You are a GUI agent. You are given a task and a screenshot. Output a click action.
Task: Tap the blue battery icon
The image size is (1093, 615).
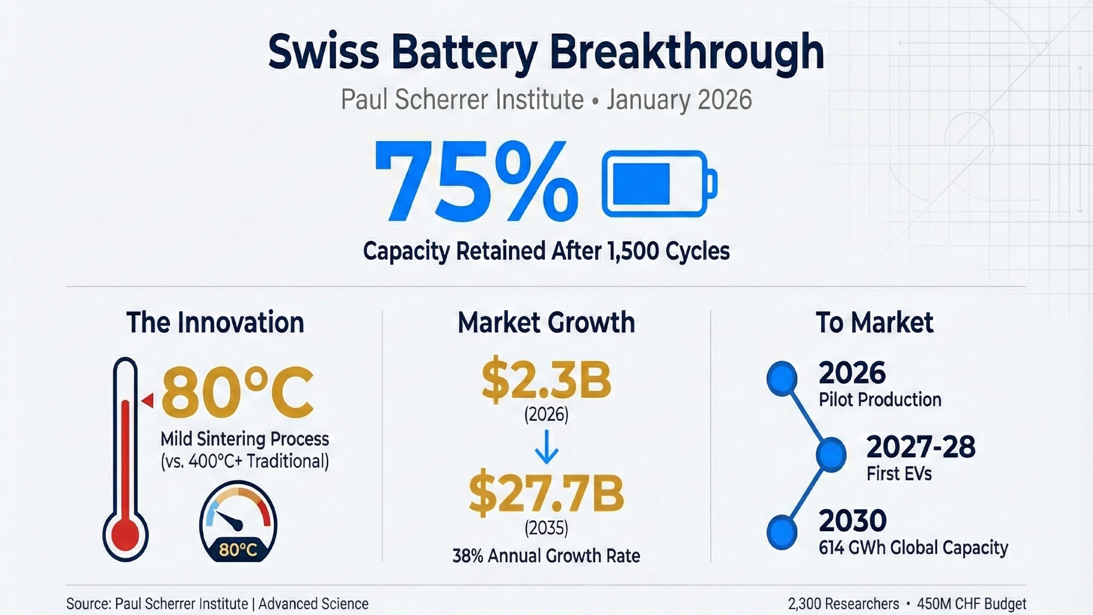[x=659, y=183]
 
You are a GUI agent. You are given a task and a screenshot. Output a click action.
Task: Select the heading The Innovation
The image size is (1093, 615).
[x=215, y=322]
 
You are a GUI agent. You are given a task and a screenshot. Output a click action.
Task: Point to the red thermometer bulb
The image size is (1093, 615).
[x=125, y=535]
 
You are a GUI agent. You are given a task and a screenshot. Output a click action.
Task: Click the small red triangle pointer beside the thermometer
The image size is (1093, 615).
[x=148, y=400]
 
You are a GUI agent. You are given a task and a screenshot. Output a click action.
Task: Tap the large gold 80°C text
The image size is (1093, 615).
[x=237, y=393]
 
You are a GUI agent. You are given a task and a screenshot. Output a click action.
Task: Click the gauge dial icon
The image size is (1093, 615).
[x=238, y=521]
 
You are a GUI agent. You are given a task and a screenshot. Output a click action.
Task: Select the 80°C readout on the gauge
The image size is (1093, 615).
[x=237, y=549]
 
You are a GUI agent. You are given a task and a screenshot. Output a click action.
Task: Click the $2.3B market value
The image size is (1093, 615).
[x=546, y=380]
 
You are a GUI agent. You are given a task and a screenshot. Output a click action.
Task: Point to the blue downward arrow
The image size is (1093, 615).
[x=546, y=447]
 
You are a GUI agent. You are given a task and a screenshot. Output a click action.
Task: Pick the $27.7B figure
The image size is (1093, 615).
[x=546, y=494]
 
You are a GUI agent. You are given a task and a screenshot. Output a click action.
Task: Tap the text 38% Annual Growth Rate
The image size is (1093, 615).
[x=546, y=556]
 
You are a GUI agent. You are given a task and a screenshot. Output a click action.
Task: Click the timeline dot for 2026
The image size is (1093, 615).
[x=782, y=378]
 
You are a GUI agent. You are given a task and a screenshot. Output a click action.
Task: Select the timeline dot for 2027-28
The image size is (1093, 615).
[x=831, y=454]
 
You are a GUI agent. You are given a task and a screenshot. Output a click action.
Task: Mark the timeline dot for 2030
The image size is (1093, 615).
[x=782, y=532]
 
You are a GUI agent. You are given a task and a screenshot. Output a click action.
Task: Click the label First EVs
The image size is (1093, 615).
[x=899, y=474]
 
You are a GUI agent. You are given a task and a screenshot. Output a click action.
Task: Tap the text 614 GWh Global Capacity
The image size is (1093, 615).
[x=913, y=548]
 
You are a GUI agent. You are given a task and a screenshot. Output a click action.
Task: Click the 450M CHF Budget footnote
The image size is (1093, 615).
[x=972, y=604]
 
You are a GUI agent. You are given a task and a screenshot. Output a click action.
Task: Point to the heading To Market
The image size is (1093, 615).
[x=874, y=322]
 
